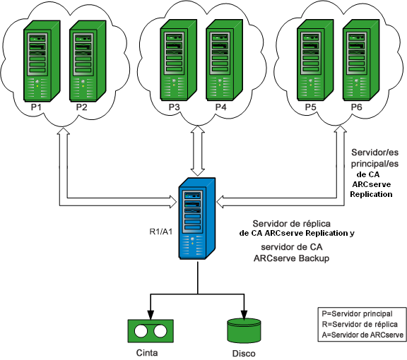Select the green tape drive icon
(151, 330)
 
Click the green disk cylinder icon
(244, 330)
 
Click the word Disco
(244, 353)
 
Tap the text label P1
(37, 107)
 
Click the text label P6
(355, 107)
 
